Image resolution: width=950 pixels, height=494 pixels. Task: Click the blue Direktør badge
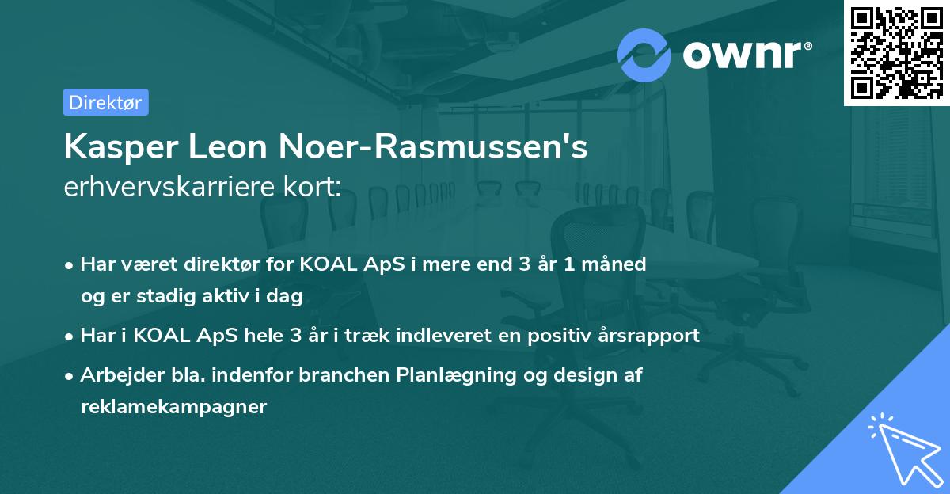(105, 102)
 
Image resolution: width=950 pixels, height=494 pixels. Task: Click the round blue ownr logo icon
(644, 55)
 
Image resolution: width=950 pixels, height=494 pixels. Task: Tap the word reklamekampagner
(173, 407)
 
